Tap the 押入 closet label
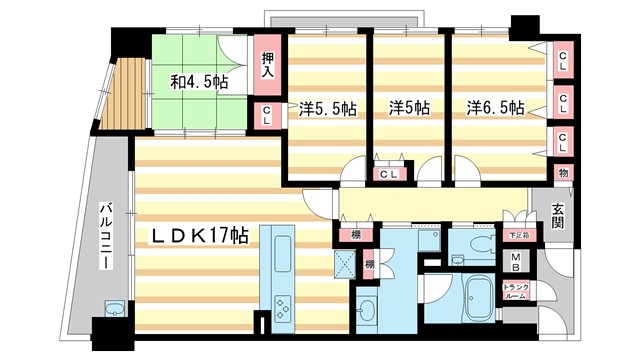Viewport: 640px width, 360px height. click(x=268, y=64)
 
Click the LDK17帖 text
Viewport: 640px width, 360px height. click(x=200, y=236)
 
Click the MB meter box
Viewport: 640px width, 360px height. click(x=516, y=263)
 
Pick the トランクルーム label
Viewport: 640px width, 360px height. click(x=516, y=293)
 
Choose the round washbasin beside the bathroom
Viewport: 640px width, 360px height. click(x=367, y=308)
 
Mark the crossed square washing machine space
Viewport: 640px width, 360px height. click(x=347, y=265)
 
